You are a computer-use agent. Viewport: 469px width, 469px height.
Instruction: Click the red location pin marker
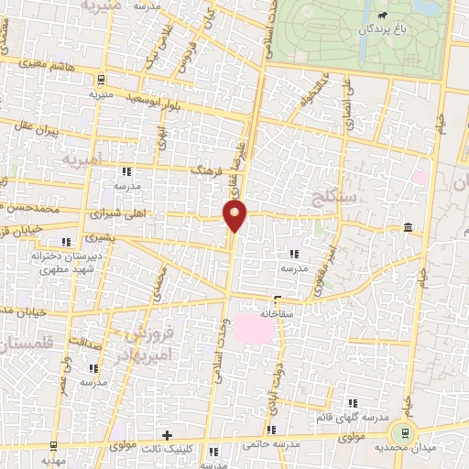click(x=236, y=216)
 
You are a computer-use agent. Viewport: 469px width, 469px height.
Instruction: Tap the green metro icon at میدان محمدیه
click(x=400, y=433)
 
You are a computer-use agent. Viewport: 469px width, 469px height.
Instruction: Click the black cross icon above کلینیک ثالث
click(x=167, y=434)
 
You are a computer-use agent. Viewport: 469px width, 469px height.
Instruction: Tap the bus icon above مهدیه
click(x=54, y=446)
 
